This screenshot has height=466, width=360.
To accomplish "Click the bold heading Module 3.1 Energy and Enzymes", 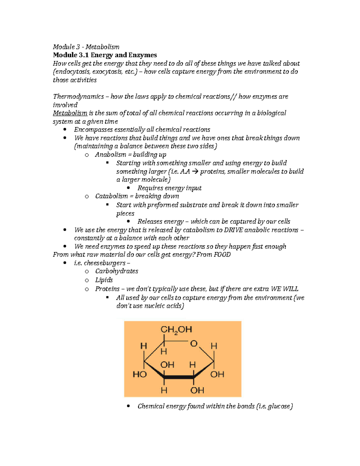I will [x=105, y=55].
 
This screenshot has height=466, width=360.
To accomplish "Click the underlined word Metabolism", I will [x=70, y=113].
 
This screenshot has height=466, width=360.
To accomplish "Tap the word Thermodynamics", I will [x=78, y=97].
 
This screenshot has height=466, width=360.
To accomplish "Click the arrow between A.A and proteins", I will [x=195, y=172].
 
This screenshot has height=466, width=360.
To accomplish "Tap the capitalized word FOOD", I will [x=222, y=255].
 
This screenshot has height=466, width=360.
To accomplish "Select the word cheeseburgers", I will [x=105, y=263].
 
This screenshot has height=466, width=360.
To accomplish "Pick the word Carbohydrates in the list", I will [x=117, y=271].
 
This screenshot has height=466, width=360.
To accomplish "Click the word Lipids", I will [x=104, y=280].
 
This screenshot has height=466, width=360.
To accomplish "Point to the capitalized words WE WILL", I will [x=284, y=289].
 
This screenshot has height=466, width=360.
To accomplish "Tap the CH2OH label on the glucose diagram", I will [x=176, y=330].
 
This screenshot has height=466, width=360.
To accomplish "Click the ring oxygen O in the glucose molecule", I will [x=194, y=344].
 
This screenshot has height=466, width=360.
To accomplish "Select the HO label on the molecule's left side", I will [x=139, y=374].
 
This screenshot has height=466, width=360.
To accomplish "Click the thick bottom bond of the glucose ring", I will [x=179, y=377].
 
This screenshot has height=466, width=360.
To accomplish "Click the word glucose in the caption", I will [x=279, y=406].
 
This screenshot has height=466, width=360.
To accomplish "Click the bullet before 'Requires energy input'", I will [x=128, y=188].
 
